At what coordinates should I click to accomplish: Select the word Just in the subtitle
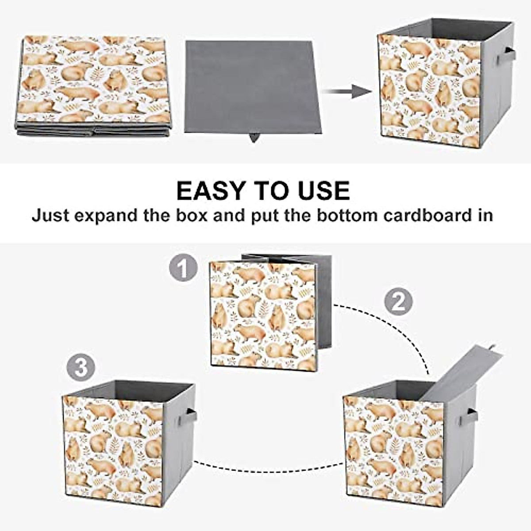pyautogui.click(x=50, y=215)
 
